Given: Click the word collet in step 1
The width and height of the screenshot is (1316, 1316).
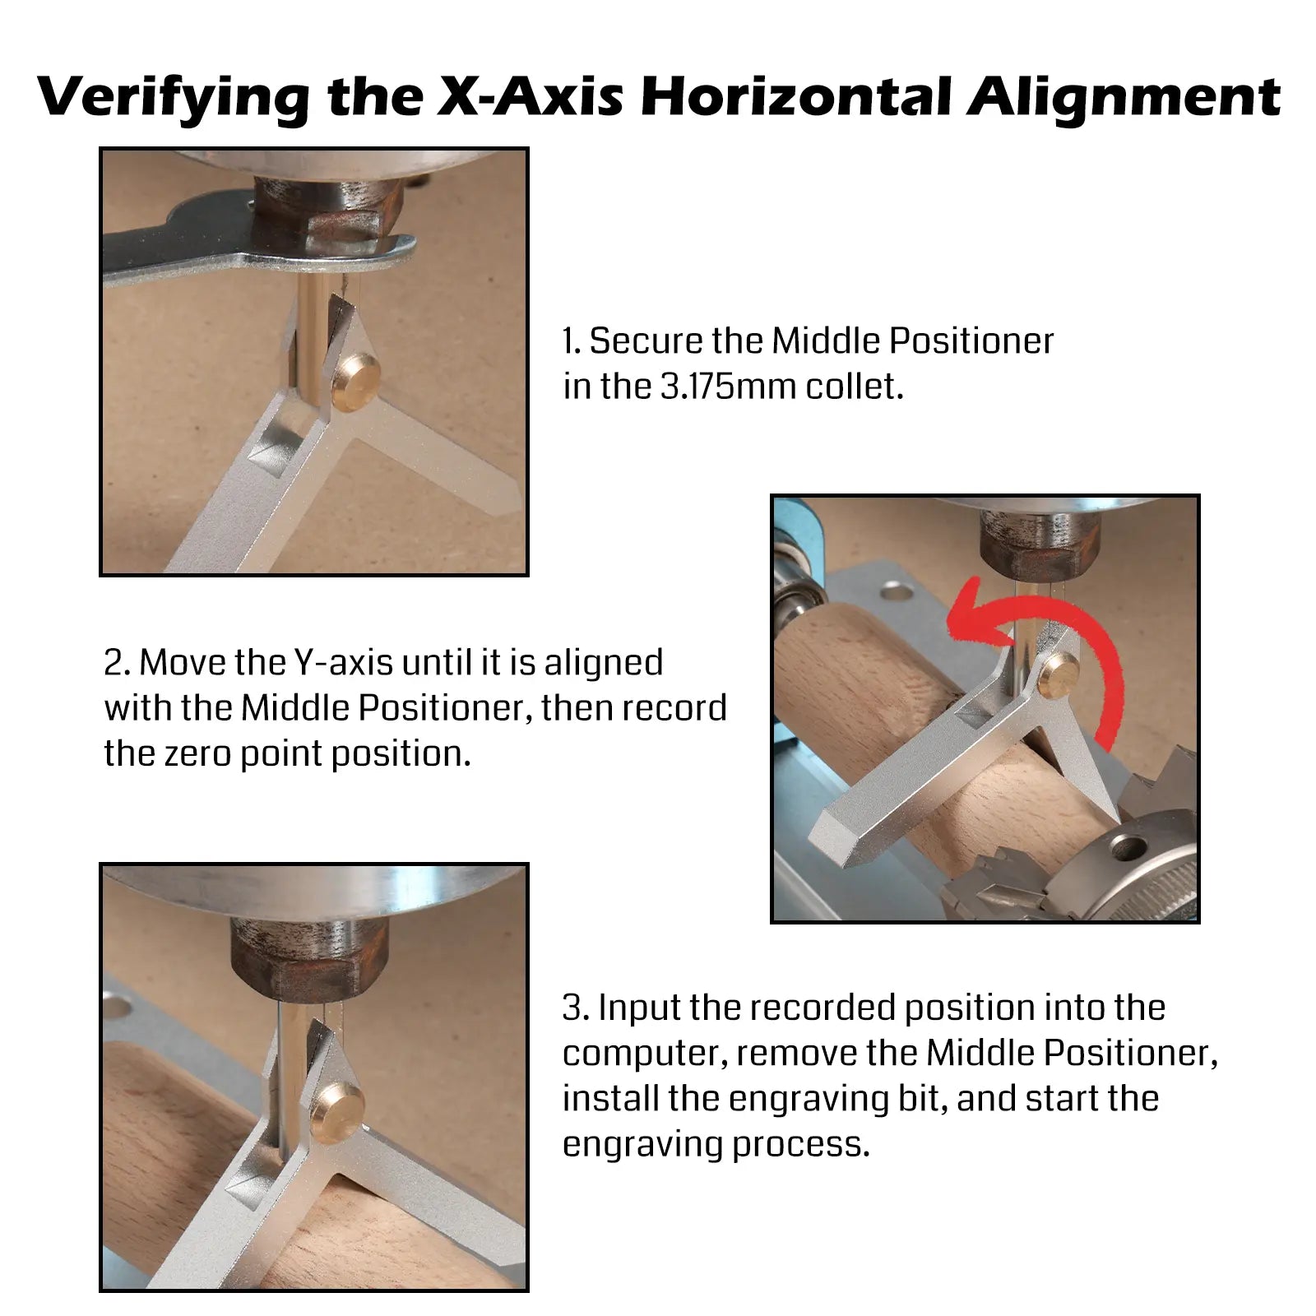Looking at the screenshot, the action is click(x=854, y=387).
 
